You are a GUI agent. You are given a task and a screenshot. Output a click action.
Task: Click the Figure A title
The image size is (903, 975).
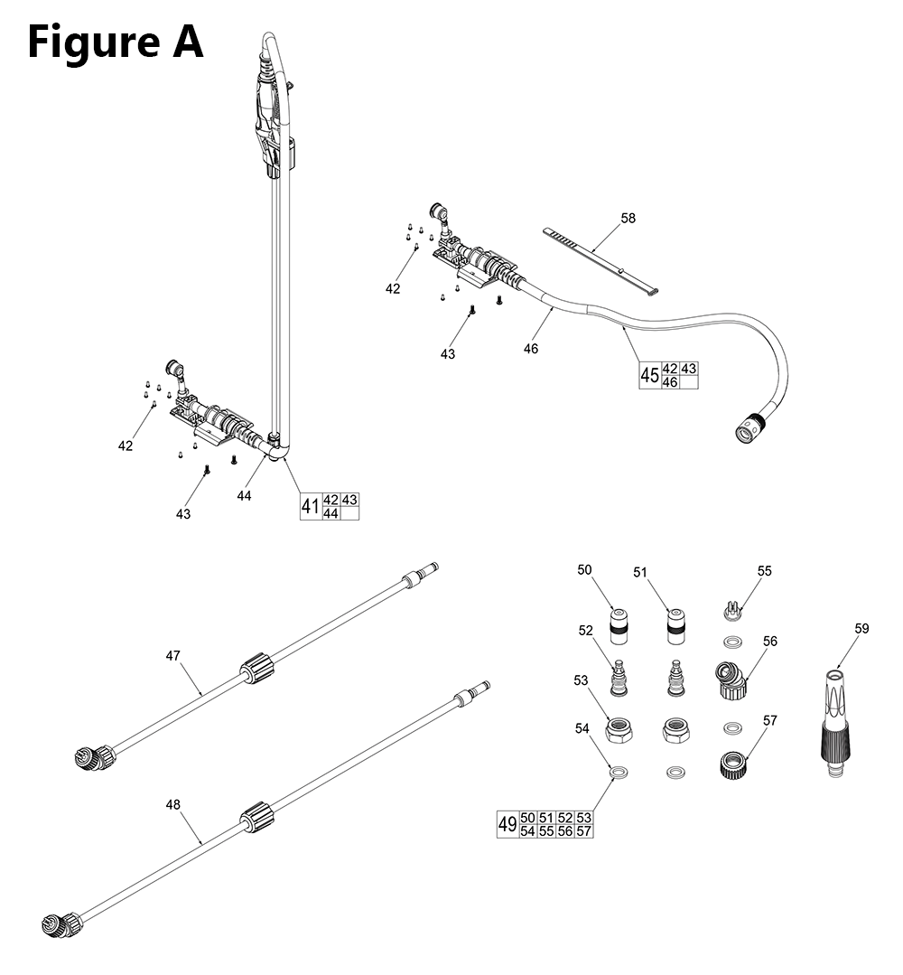[x=115, y=42]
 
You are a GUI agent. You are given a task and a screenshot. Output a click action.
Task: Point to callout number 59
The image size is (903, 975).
[x=861, y=628]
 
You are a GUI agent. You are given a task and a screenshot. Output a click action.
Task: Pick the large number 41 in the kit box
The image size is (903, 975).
[x=310, y=507]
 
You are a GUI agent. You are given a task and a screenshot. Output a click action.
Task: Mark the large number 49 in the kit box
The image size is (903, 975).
[x=507, y=824]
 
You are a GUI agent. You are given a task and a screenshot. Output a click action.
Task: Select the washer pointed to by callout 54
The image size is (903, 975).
[x=619, y=772]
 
